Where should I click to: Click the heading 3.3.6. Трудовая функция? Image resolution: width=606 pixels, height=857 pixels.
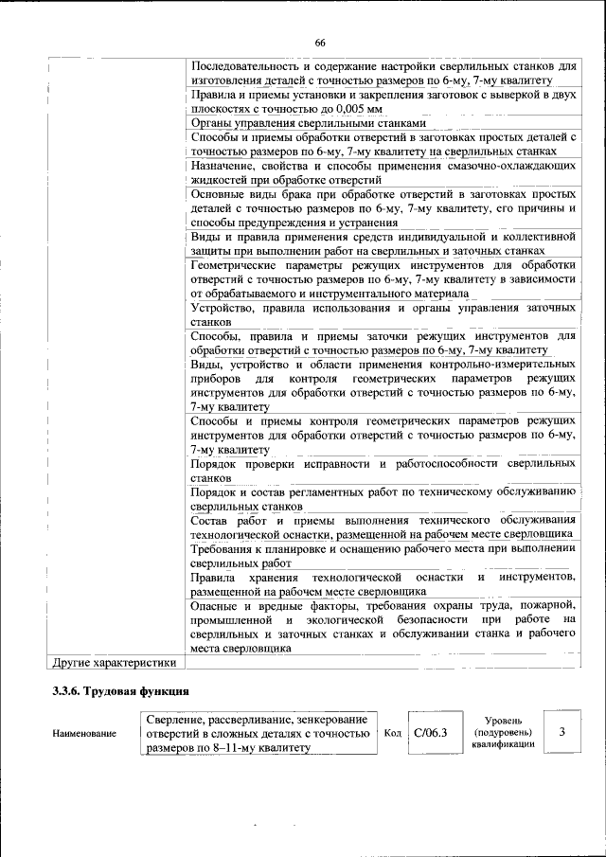121,692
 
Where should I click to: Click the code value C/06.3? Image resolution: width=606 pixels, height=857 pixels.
431,733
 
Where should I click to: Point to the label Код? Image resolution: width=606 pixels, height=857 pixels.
392,733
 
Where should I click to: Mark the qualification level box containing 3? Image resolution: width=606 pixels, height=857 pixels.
562,732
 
